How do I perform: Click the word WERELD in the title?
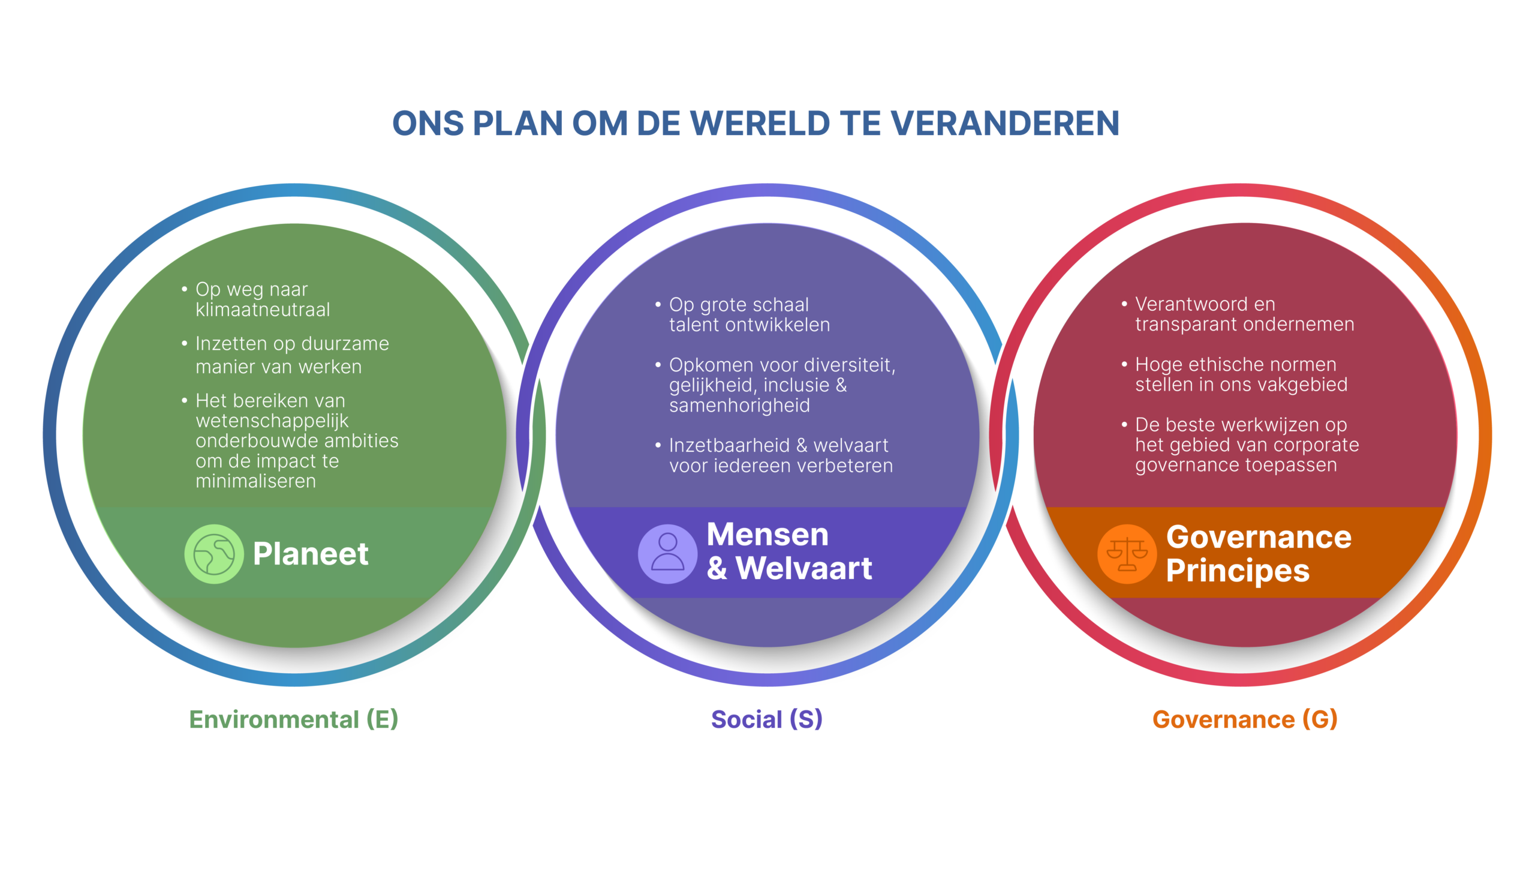click(761, 124)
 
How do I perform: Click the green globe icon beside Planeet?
click(214, 554)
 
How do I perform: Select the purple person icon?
click(667, 554)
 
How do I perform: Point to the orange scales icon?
click(1127, 554)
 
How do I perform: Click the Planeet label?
click(311, 553)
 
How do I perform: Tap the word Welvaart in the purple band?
click(804, 568)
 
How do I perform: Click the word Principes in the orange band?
click(1238, 571)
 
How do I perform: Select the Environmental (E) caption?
click(294, 719)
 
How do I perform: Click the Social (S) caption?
click(767, 719)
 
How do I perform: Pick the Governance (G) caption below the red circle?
click(1245, 719)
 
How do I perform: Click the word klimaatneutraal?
click(263, 310)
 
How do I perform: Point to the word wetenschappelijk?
click(272, 421)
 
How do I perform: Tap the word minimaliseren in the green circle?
click(255, 481)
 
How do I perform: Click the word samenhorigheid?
click(739, 406)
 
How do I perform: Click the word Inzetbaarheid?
click(729, 446)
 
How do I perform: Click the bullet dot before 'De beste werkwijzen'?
click(1124, 424)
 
